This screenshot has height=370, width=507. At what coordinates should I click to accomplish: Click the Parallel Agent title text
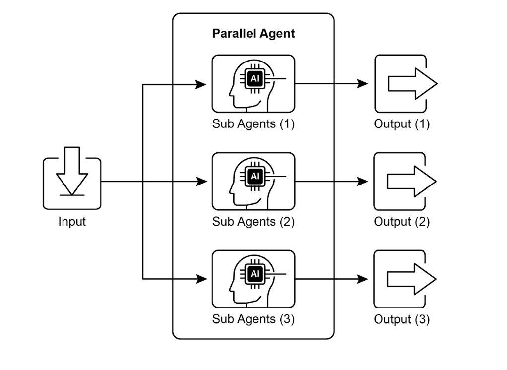coord(253,34)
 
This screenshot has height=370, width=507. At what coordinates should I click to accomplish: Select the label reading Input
coord(72,222)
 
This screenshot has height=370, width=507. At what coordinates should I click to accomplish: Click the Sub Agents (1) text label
coord(253,124)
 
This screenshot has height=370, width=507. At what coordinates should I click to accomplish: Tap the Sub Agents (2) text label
coord(253,222)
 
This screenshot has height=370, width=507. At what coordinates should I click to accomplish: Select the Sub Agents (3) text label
coord(253,319)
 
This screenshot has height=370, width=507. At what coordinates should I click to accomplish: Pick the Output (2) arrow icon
coord(411,182)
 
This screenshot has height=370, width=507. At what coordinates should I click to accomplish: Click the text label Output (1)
coord(401,124)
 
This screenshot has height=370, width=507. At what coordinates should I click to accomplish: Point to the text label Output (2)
coord(401,222)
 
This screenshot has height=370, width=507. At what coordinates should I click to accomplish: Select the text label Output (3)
coord(401,319)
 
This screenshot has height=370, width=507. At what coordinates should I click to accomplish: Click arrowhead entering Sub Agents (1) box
coord(201,84)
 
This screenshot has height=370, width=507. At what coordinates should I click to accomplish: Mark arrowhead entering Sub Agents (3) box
coord(201,279)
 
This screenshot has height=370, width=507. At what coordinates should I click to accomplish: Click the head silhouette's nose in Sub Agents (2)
coord(231,188)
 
